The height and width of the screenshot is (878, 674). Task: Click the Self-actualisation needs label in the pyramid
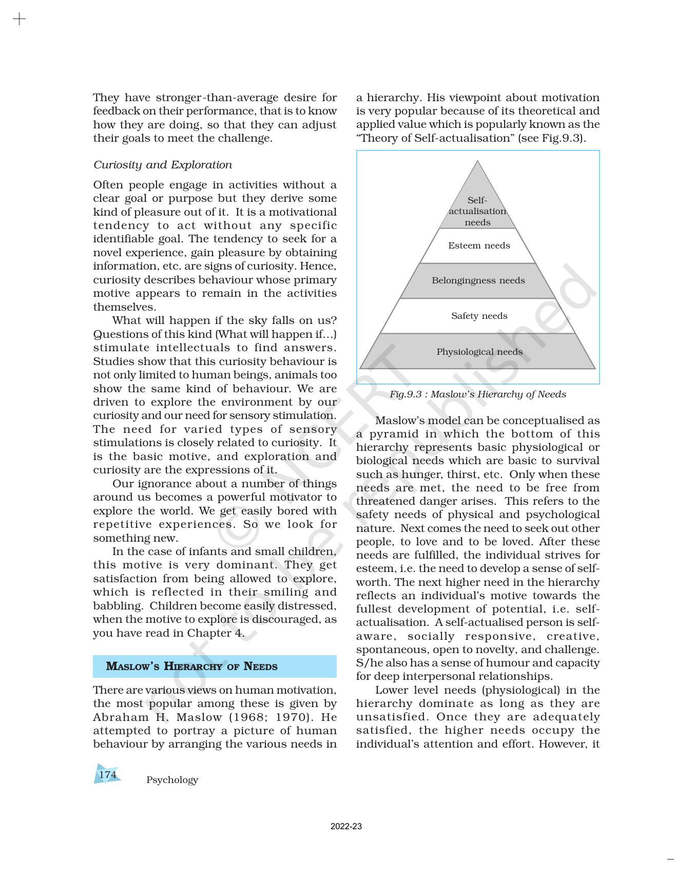[x=477, y=211]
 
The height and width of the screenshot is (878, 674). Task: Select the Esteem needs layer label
[x=479, y=245]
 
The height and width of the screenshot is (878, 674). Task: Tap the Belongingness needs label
[x=478, y=280]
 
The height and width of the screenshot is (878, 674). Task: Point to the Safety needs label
[x=479, y=316]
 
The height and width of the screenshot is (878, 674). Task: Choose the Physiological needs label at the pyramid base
[x=479, y=352]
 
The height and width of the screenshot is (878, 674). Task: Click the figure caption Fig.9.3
[x=477, y=394]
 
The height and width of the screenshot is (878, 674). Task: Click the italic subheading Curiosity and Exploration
[x=162, y=165]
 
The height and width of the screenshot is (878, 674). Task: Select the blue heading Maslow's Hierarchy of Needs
[x=191, y=666]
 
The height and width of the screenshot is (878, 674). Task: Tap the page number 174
[x=108, y=774]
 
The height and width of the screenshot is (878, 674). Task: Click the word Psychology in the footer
[x=172, y=780]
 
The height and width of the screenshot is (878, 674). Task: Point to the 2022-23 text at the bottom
[x=346, y=827]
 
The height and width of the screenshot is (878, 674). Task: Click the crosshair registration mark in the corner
[x=19, y=20]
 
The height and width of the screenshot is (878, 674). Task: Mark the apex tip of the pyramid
[x=477, y=162]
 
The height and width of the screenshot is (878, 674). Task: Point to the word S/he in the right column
[x=368, y=663]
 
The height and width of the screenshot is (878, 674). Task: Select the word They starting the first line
[x=106, y=98]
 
